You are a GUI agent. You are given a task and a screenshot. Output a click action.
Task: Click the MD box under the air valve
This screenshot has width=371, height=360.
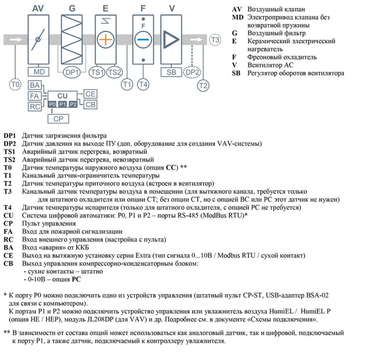39,72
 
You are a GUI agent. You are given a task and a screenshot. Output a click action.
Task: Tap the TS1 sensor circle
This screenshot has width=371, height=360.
97,73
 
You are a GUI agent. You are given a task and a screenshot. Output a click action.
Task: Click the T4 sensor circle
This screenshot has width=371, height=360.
143,85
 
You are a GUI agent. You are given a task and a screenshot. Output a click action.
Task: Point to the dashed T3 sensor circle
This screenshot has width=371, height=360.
216,39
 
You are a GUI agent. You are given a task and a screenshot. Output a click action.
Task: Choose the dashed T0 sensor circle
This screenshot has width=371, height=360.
15,85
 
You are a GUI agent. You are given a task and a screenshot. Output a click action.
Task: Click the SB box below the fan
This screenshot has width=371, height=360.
171,72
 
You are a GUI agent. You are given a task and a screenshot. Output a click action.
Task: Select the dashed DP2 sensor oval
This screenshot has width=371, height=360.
192,73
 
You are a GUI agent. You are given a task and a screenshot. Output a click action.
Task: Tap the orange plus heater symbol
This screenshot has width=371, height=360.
106,39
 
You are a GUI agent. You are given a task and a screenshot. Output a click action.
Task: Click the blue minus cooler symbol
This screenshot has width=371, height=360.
143,39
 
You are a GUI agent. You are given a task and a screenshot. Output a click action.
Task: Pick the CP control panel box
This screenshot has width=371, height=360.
59,119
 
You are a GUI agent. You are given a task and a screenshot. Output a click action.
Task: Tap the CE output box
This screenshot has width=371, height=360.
91,94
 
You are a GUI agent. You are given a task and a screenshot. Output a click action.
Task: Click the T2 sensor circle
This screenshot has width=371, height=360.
203,86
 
